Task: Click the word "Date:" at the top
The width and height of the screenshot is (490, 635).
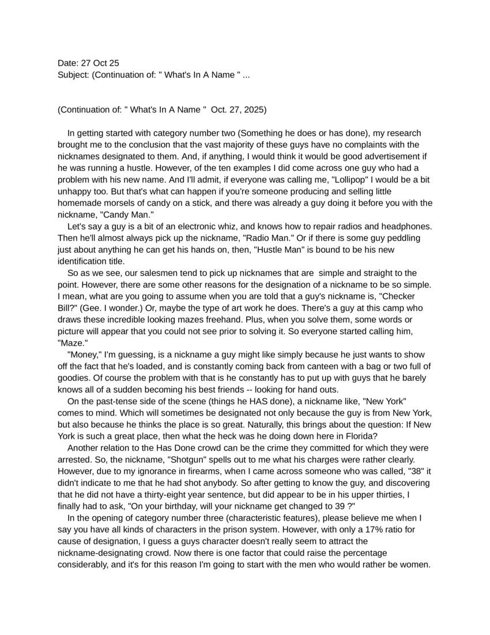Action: [68, 63]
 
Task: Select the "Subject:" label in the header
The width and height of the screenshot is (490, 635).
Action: [73, 74]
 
